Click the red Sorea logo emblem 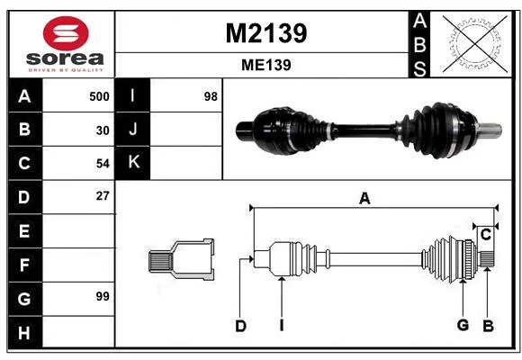(66, 33)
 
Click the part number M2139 (266, 33)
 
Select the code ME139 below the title (266, 65)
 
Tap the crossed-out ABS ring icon (475, 43)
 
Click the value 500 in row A (99, 96)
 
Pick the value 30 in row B (103, 130)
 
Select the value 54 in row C (103, 164)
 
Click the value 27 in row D (103, 196)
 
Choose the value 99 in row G (103, 296)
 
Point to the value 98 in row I (211, 96)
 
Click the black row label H (24, 332)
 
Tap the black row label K (133, 163)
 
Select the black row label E (24, 230)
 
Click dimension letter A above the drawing (364, 199)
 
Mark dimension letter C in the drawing (486, 234)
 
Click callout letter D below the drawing (240, 326)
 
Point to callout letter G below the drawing (463, 325)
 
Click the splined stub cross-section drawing (182, 259)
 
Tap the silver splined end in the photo (490, 130)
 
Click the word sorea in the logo (65, 58)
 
